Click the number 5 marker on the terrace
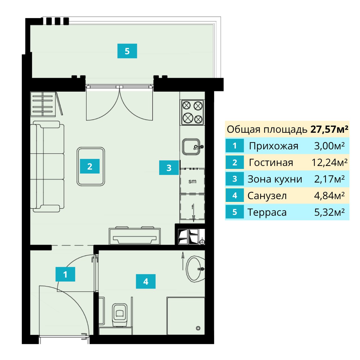click(x=127, y=51)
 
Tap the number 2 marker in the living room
click(x=90, y=166)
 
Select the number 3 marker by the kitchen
click(x=169, y=168)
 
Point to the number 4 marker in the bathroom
click(x=146, y=282)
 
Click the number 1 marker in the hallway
click(x=65, y=274)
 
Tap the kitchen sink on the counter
click(x=191, y=147)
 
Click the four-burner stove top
click(x=193, y=112)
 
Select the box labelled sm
click(x=192, y=181)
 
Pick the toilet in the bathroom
click(x=120, y=314)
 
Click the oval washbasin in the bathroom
click(x=194, y=269)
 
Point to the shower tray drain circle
click(x=198, y=328)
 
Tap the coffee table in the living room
click(x=91, y=166)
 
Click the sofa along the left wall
click(x=47, y=166)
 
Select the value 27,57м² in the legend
click(x=329, y=129)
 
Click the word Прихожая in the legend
click(x=273, y=146)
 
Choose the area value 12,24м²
click(x=329, y=163)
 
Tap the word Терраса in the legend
click(x=267, y=212)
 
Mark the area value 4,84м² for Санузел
click(x=329, y=196)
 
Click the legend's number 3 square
click(x=235, y=179)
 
